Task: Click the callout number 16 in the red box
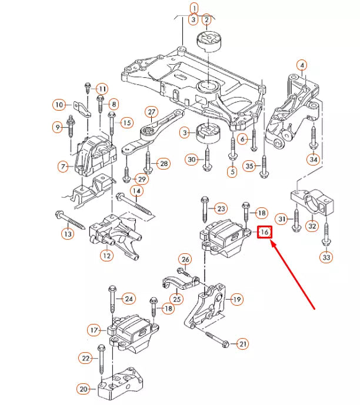(x=265, y=233)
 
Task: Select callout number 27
(x=151, y=112)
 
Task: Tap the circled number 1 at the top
(x=194, y=8)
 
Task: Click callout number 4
(x=301, y=65)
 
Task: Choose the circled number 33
(x=325, y=257)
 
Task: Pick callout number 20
(x=84, y=389)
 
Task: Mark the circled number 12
(x=106, y=256)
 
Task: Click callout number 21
(x=243, y=343)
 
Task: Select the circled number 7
(x=63, y=167)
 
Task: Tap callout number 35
(x=249, y=167)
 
